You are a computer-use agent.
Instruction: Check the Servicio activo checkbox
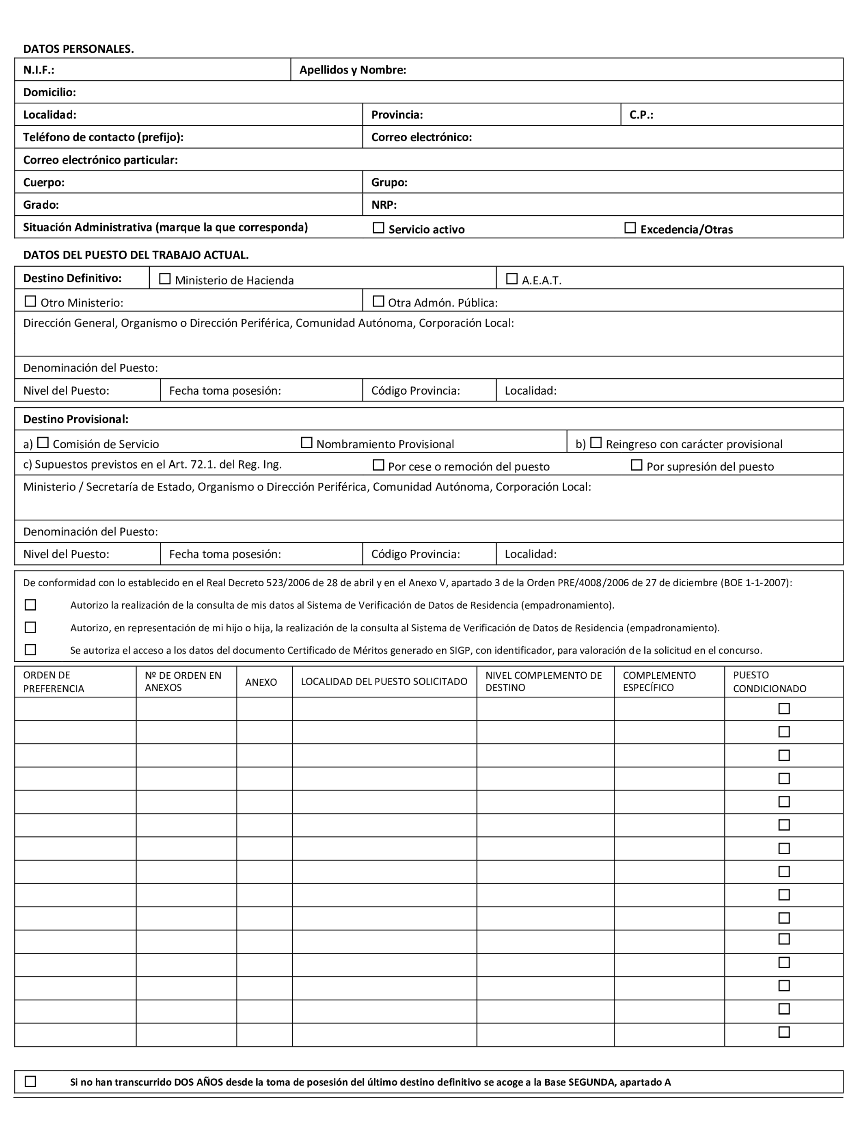coord(378,228)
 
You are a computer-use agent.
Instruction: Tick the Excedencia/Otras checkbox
coord(630,228)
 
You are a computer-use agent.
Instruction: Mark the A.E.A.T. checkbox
coord(511,279)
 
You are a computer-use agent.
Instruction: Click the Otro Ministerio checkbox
coord(31,301)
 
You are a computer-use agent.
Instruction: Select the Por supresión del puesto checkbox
coord(637,465)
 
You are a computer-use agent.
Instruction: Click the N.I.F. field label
coord(39,70)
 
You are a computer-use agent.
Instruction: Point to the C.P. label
coord(641,115)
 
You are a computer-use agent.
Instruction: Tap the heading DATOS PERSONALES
coord(78,49)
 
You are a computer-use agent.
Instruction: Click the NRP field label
coord(384,205)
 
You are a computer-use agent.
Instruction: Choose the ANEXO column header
coord(261,682)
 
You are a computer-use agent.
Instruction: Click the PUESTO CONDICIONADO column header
coord(769,682)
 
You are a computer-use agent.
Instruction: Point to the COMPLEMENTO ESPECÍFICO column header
coord(659,682)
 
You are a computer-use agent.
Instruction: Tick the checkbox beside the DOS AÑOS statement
coord(31,1082)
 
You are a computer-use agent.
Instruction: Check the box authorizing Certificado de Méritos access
coord(31,650)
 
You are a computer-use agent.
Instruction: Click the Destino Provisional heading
coord(76,419)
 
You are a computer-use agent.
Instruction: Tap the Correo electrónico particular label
coord(100,160)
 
